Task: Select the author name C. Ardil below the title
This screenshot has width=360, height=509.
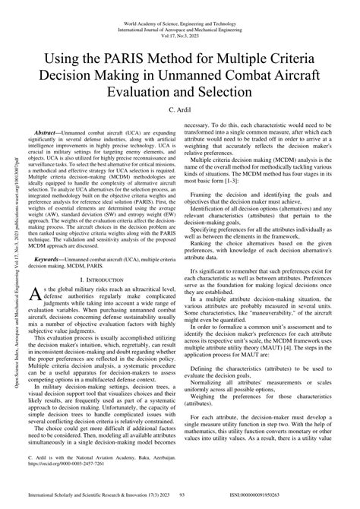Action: [x=181, y=109]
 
